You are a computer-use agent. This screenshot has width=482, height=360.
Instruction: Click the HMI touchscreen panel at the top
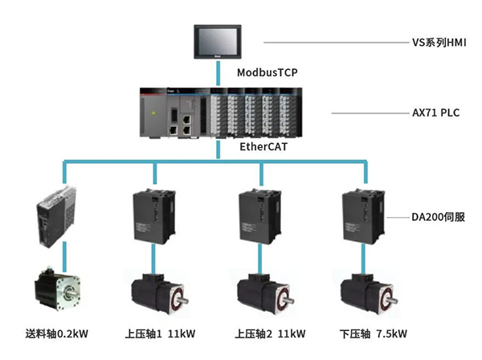pyautogui.click(x=218, y=41)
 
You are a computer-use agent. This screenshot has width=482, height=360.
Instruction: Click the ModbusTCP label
pyautogui.click(x=268, y=73)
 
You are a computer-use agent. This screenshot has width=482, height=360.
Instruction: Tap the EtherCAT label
pyautogui.click(x=262, y=147)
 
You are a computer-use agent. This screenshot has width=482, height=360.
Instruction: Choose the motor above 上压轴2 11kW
pyautogui.click(x=263, y=296)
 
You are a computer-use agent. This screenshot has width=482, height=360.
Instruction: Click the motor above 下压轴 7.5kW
pyautogui.click(x=367, y=296)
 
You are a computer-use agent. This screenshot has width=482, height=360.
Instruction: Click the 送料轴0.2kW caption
pyautogui.click(x=58, y=333)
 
